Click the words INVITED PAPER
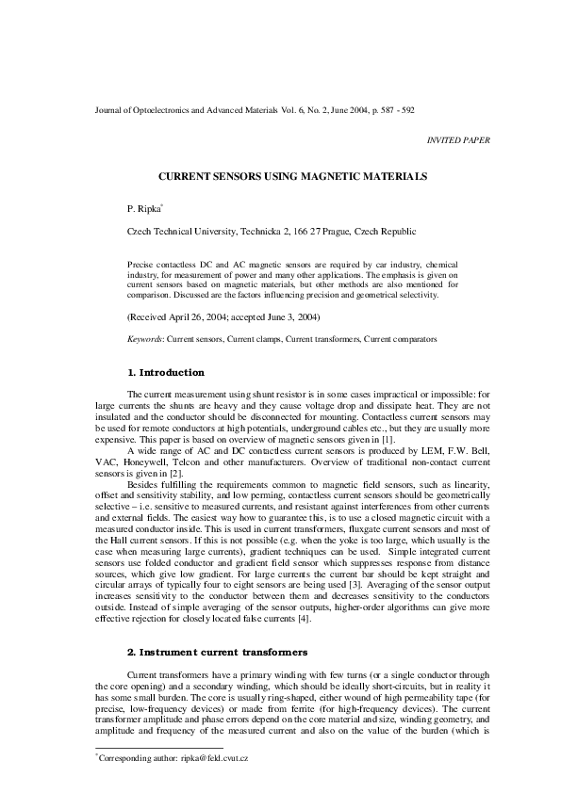point(458,139)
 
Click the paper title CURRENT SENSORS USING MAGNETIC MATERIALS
point(279,176)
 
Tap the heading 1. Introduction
point(165,373)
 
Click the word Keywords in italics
point(143,338)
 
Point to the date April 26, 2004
point(202,319)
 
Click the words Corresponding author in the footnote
point(131,756)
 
